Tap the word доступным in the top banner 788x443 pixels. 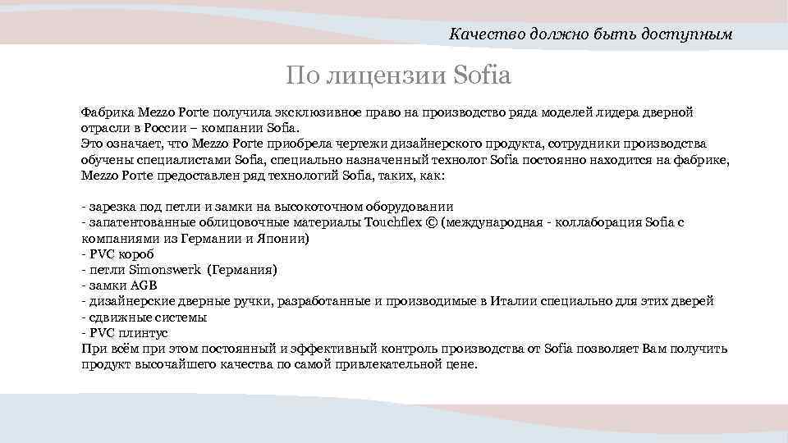pos(688,34)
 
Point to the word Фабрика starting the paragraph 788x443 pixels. pos(108,111)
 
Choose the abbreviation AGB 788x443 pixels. pos(142,285)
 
